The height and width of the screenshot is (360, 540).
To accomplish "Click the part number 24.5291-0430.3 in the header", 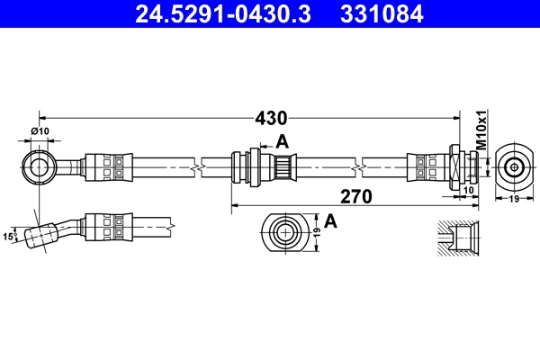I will tap(214, 14).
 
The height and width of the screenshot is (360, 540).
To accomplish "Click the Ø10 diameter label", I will tap(40, 133).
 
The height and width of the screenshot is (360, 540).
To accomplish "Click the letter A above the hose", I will tap(282, 140).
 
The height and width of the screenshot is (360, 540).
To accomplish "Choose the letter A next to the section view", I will tap(330, 220).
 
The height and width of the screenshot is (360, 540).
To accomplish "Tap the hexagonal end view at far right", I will tap(514, 166).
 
